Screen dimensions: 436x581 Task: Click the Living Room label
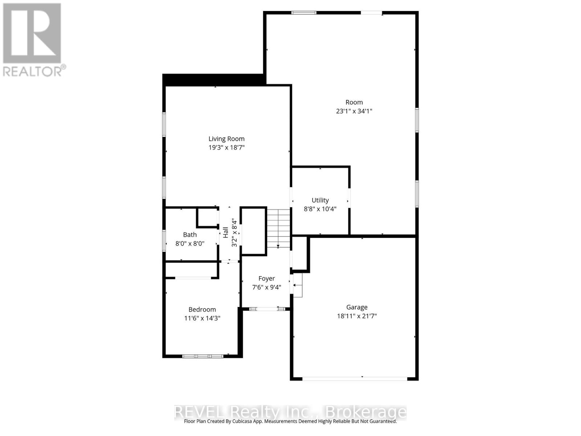pyautogui.click(x=226, y=139)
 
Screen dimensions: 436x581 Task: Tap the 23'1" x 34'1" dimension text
pyautogui.click(x=354, y=111)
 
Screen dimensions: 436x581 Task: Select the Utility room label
pyautogui.click(x=320, y=200)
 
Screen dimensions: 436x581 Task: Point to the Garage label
pyautogui.click(x=357, y=307)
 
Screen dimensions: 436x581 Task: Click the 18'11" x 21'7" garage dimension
pyautogui.click(x=357, y=316)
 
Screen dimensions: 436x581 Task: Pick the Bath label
pyautogui.click(x=190, y=235)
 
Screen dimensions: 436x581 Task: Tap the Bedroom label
pyautogui.click(x=202, y=310)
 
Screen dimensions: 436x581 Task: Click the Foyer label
pyautogui.click(x=266, y=279)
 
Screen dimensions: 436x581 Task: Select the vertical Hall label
pyautogui.click(x=226, y=232)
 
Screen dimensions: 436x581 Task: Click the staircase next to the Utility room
pyautogui.click(x=279, y=228)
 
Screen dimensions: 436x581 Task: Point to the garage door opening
pyautogui.click(x=355, y=379)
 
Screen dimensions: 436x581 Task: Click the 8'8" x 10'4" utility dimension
pyautogui.click(x=320, y=209)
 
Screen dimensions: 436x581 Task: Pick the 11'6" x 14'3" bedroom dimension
pyautogui.click(x=202, y=318)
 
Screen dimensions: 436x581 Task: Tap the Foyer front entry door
pyautogui.click(x=267, y=309)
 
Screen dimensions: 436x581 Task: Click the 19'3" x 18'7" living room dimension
pyautogui.click(x=226, y=148)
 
